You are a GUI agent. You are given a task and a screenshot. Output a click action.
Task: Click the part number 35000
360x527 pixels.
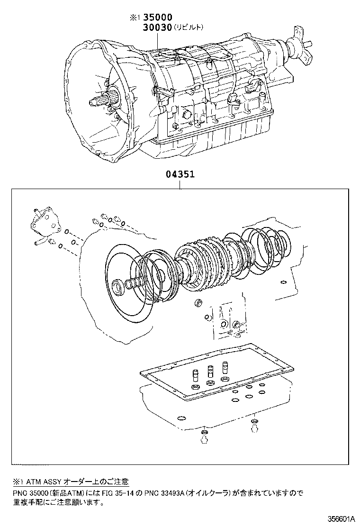[x=158, y=18]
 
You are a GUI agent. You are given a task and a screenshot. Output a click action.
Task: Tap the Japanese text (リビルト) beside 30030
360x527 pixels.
[x=189, y=27]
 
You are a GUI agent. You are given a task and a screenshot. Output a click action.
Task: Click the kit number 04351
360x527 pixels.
[x=180, y=174]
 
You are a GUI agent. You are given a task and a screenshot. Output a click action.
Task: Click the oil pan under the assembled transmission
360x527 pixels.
[x=208, y=142]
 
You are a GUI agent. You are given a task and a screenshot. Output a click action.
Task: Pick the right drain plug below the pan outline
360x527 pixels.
[x=254, y=425]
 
